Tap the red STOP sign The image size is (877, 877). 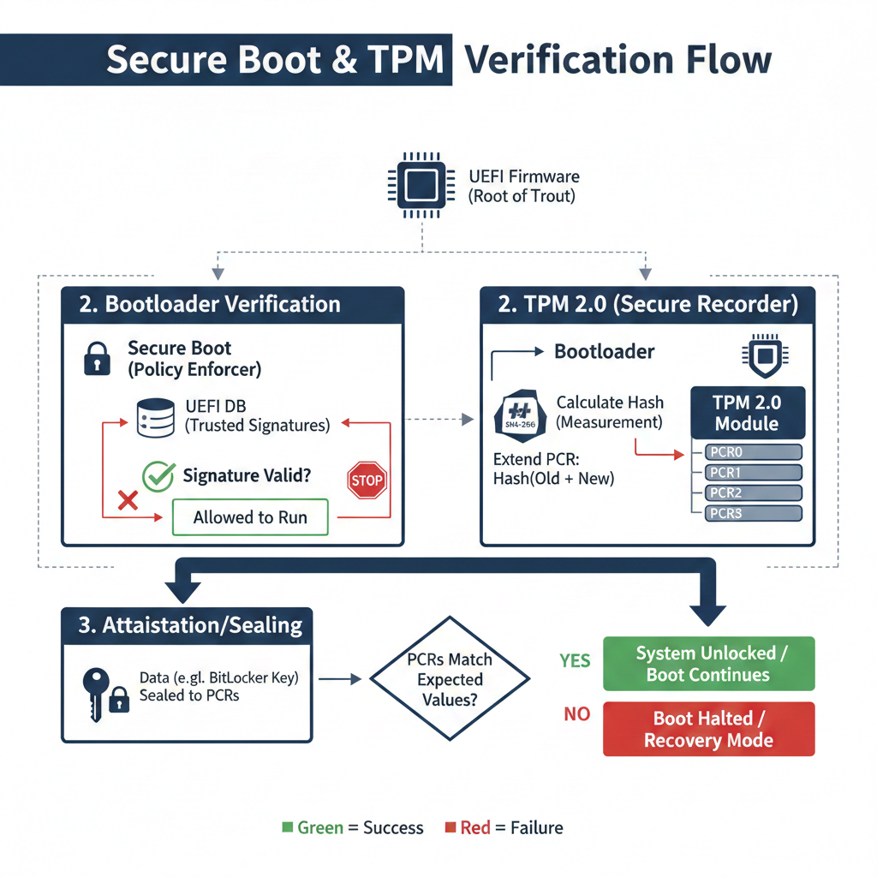pyautogui.click(x=367, y=480)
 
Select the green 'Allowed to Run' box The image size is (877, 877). pyautogui.click(x=249, y=516)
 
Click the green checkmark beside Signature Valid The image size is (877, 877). pyautogui.click(x=158, y=477)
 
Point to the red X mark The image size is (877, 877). pyautogui.click(x=128, y=499)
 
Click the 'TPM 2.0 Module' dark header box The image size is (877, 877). pyautogui.click(x=747, y=412)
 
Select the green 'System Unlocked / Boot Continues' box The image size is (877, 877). pyautogui.click(x=708, y=664)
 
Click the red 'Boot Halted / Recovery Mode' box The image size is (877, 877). pyautogui.click(x=708, y=729)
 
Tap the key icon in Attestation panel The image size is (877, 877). pyautogui.click(x=94, y=689)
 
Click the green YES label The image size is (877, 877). pyautogui.click(x=575, y=660)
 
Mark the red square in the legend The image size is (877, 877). pyautogui.click(x=450, y=827)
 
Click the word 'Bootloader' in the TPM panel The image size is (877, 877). pyautogui.click(x=604, y=352)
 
